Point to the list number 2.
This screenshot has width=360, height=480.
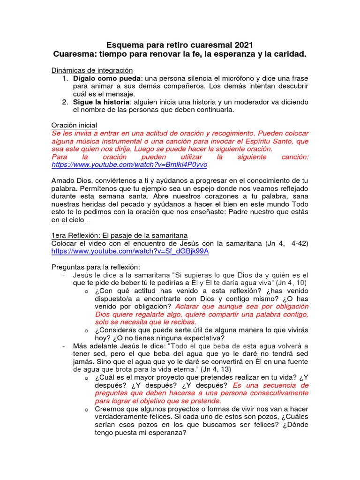65,102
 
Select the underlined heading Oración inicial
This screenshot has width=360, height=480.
74,125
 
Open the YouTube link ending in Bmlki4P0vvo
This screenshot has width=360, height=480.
129,165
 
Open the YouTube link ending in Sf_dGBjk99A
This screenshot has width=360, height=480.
130,251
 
